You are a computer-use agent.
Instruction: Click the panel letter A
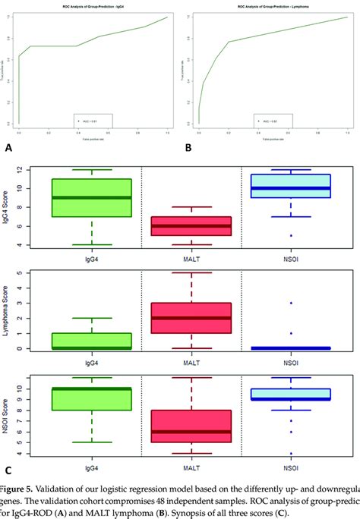point(8,149)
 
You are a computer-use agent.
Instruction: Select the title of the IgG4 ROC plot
point(91,6)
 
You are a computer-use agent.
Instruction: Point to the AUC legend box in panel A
point(93,120)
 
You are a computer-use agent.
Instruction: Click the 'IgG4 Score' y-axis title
point(8,207)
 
